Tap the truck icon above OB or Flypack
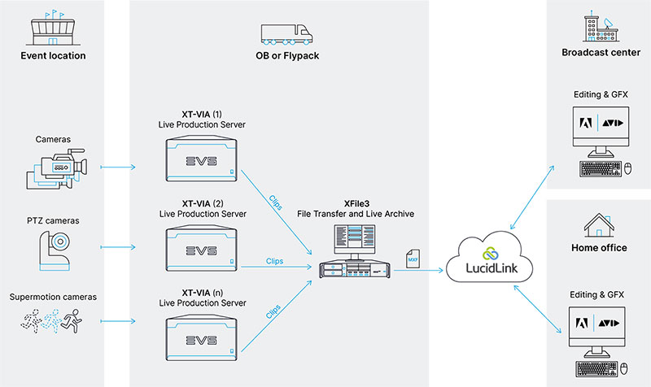tap(286, 34)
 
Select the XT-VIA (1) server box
tap(200, 161)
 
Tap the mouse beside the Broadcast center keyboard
tap(627, 168)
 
